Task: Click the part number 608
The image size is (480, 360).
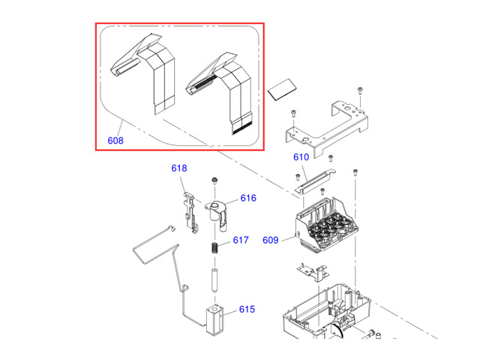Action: pyautogui.click(x=115, y=140)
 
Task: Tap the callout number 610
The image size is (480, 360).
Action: pyautogui.click(x=301, y=157)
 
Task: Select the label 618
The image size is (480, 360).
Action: pyautogui.click(x=178, y=169)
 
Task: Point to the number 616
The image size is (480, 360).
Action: pyautogui.click(x=248, y=199)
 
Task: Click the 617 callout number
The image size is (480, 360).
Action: pyautogui.click(x=240, y=241)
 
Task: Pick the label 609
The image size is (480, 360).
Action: pyautogui.click(x=271, y=240)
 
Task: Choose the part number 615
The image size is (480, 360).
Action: pyautogui.click(x=247, y=309)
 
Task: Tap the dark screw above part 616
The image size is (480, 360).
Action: pyautogui.click(x=214, y=180)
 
